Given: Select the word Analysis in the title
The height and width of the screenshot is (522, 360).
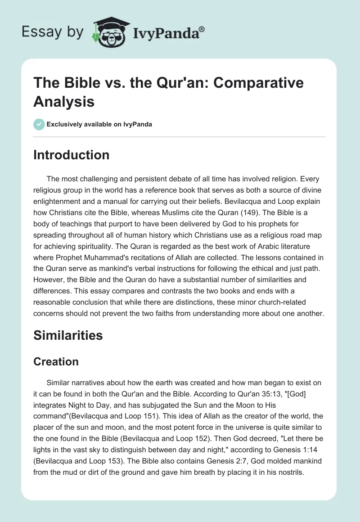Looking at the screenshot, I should point(63,101).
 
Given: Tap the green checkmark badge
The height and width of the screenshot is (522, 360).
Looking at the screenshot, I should point(40,124).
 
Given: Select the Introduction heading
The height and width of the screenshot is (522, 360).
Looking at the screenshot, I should point(71,155).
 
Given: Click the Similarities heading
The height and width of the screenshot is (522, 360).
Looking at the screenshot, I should point(68,335).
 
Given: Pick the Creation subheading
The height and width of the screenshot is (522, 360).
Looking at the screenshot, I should point(56,362).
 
